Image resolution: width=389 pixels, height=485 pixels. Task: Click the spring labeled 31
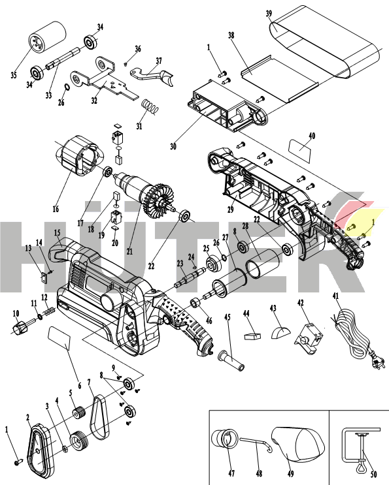click(150, 104)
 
